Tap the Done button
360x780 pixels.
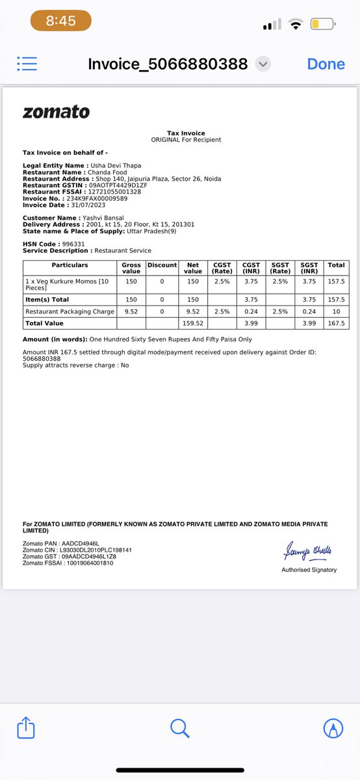pyautogui.click(x=326, y=64)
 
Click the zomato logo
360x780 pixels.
pyautogui.click(x=56, y=112)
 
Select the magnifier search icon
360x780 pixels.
pyautogui.click(x=180, y=727)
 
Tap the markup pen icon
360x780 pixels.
pyautogui.click(x=333, y=728)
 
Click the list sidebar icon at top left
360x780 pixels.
pyautogui.click(x=28, y=63)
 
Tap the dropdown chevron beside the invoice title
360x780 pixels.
pyautogui.click(x=263, y=64)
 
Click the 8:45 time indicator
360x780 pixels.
pyautogui.click(x=60, y=21)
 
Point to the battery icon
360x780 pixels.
pyautogui.click(x=322, y=25)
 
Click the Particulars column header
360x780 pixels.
pyautogui.click(x=70, y=265)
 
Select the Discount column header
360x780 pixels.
pyautogui.click(x=162, y=265)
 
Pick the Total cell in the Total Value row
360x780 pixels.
pyautogui.click(x=336, y=323)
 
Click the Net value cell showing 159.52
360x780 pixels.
pyautogui.click(x=193, y=323)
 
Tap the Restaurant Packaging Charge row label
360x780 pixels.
pyautogui.click(x=70, y=311)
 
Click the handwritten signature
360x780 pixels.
pyautogui.click(x=307, y=552)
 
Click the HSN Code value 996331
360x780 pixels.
pyautogui.click(x=73, y=244)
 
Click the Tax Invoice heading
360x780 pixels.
pyautogui.click(x=186, y=133)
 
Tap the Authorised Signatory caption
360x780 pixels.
pyautogui.click(x=309, y=570)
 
